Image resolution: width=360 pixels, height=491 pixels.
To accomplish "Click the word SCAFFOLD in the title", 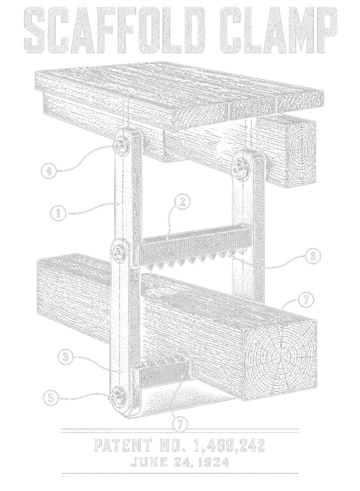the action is tap(114, 30).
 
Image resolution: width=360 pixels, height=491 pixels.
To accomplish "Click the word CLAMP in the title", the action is tap(278, 30).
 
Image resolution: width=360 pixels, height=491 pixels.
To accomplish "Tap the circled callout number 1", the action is tap(58, 214).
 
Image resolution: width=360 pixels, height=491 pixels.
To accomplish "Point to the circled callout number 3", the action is tap(66, 357).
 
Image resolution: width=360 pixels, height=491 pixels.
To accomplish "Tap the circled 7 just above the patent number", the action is tap(180, 425).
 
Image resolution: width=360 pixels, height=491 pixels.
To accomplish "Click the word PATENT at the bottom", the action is tap(123, 445).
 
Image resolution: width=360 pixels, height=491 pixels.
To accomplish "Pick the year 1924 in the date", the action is tap(213, 463).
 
